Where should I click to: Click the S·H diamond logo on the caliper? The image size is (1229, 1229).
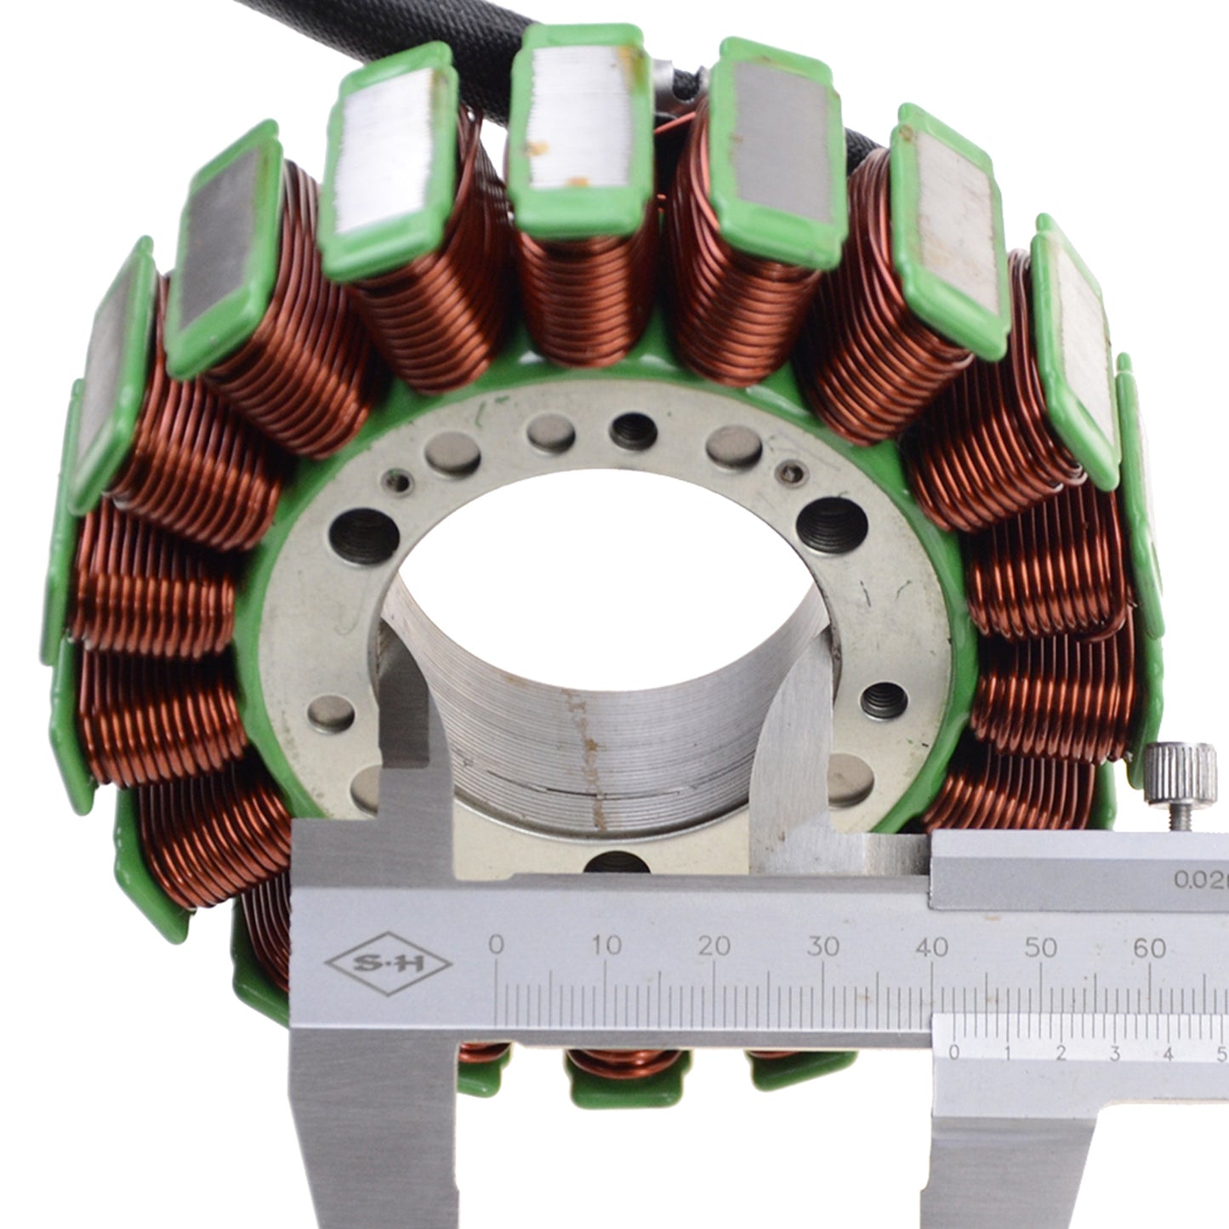click(389, 964)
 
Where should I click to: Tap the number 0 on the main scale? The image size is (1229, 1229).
click(496, 945)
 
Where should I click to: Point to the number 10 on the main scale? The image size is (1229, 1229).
click(606, 945)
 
